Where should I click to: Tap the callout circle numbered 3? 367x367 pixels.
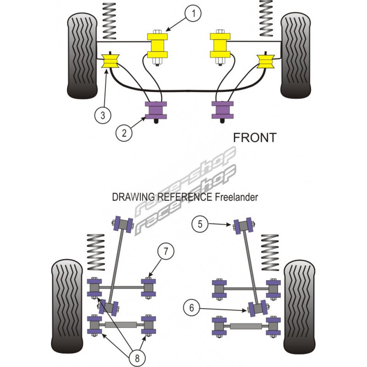point(102,115)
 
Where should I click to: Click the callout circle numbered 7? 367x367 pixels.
point(165,251)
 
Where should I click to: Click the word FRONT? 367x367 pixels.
point(255,137)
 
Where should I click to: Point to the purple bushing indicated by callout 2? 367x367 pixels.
point(155,110)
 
